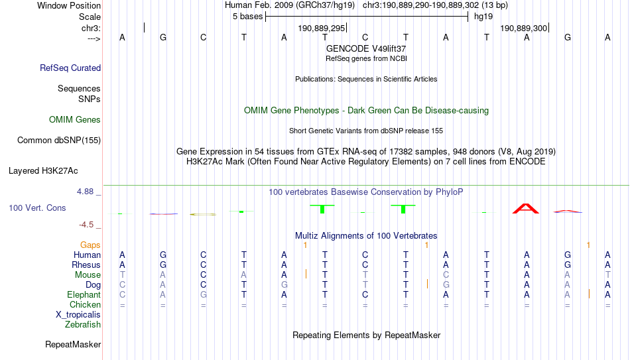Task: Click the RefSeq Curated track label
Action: [70, 68]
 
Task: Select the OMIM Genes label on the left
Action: [75, 120]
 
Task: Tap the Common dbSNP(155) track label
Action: [59, 141]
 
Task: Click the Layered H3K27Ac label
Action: [43, 171]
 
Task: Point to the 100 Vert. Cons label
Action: [37, 208]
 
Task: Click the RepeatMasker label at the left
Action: [73, 344]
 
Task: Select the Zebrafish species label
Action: [83, 324]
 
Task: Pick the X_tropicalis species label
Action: [78, 315]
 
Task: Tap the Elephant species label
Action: [84, 294]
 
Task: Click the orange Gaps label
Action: [90, 245]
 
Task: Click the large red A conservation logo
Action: [526, 209]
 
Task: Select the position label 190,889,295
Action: [322, 28]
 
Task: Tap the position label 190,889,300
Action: [523, 28]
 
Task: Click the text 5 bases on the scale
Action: [248, 17]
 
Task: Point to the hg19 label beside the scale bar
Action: [483, 17]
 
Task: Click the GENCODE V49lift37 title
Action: [366, 48]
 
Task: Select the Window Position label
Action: [69, 5]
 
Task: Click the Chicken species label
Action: [85, 304]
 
